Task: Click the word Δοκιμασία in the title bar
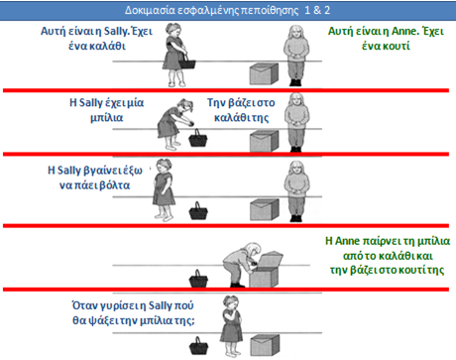coord(150,10)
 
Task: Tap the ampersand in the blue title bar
coord(317,10)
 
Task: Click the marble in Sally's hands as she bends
coord(191,124)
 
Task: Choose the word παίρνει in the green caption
coord(383,241)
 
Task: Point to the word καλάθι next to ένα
coord(107,46)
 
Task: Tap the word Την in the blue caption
coord(216,103)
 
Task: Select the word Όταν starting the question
coord(81,305)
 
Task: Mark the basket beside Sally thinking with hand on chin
coord(199,346)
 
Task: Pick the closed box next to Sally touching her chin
coord(265,345)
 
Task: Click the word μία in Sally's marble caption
coord(136,103)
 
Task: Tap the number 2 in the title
coord(327,10)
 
